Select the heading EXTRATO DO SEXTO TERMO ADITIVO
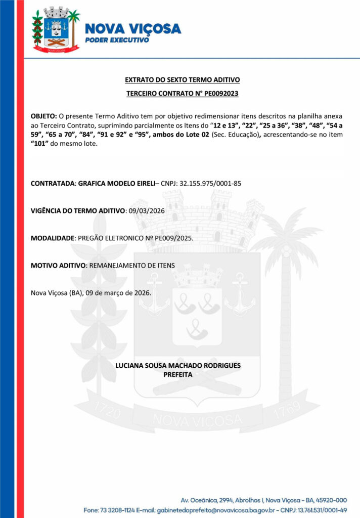tap(182, 80)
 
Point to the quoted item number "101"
tap(41, 144)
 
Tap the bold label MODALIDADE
tap(53, 237)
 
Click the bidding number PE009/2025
tap(170, 237)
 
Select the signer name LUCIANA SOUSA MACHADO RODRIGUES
tap(178, 365)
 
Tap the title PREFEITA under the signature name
tap(178, 375)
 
